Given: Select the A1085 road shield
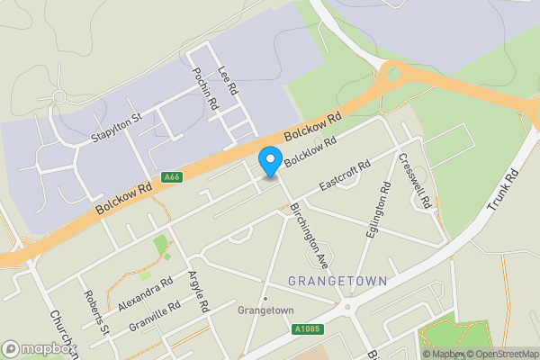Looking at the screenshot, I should click(x=307, y=329).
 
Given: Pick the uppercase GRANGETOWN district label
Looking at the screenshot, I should click(x=337, y=282).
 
